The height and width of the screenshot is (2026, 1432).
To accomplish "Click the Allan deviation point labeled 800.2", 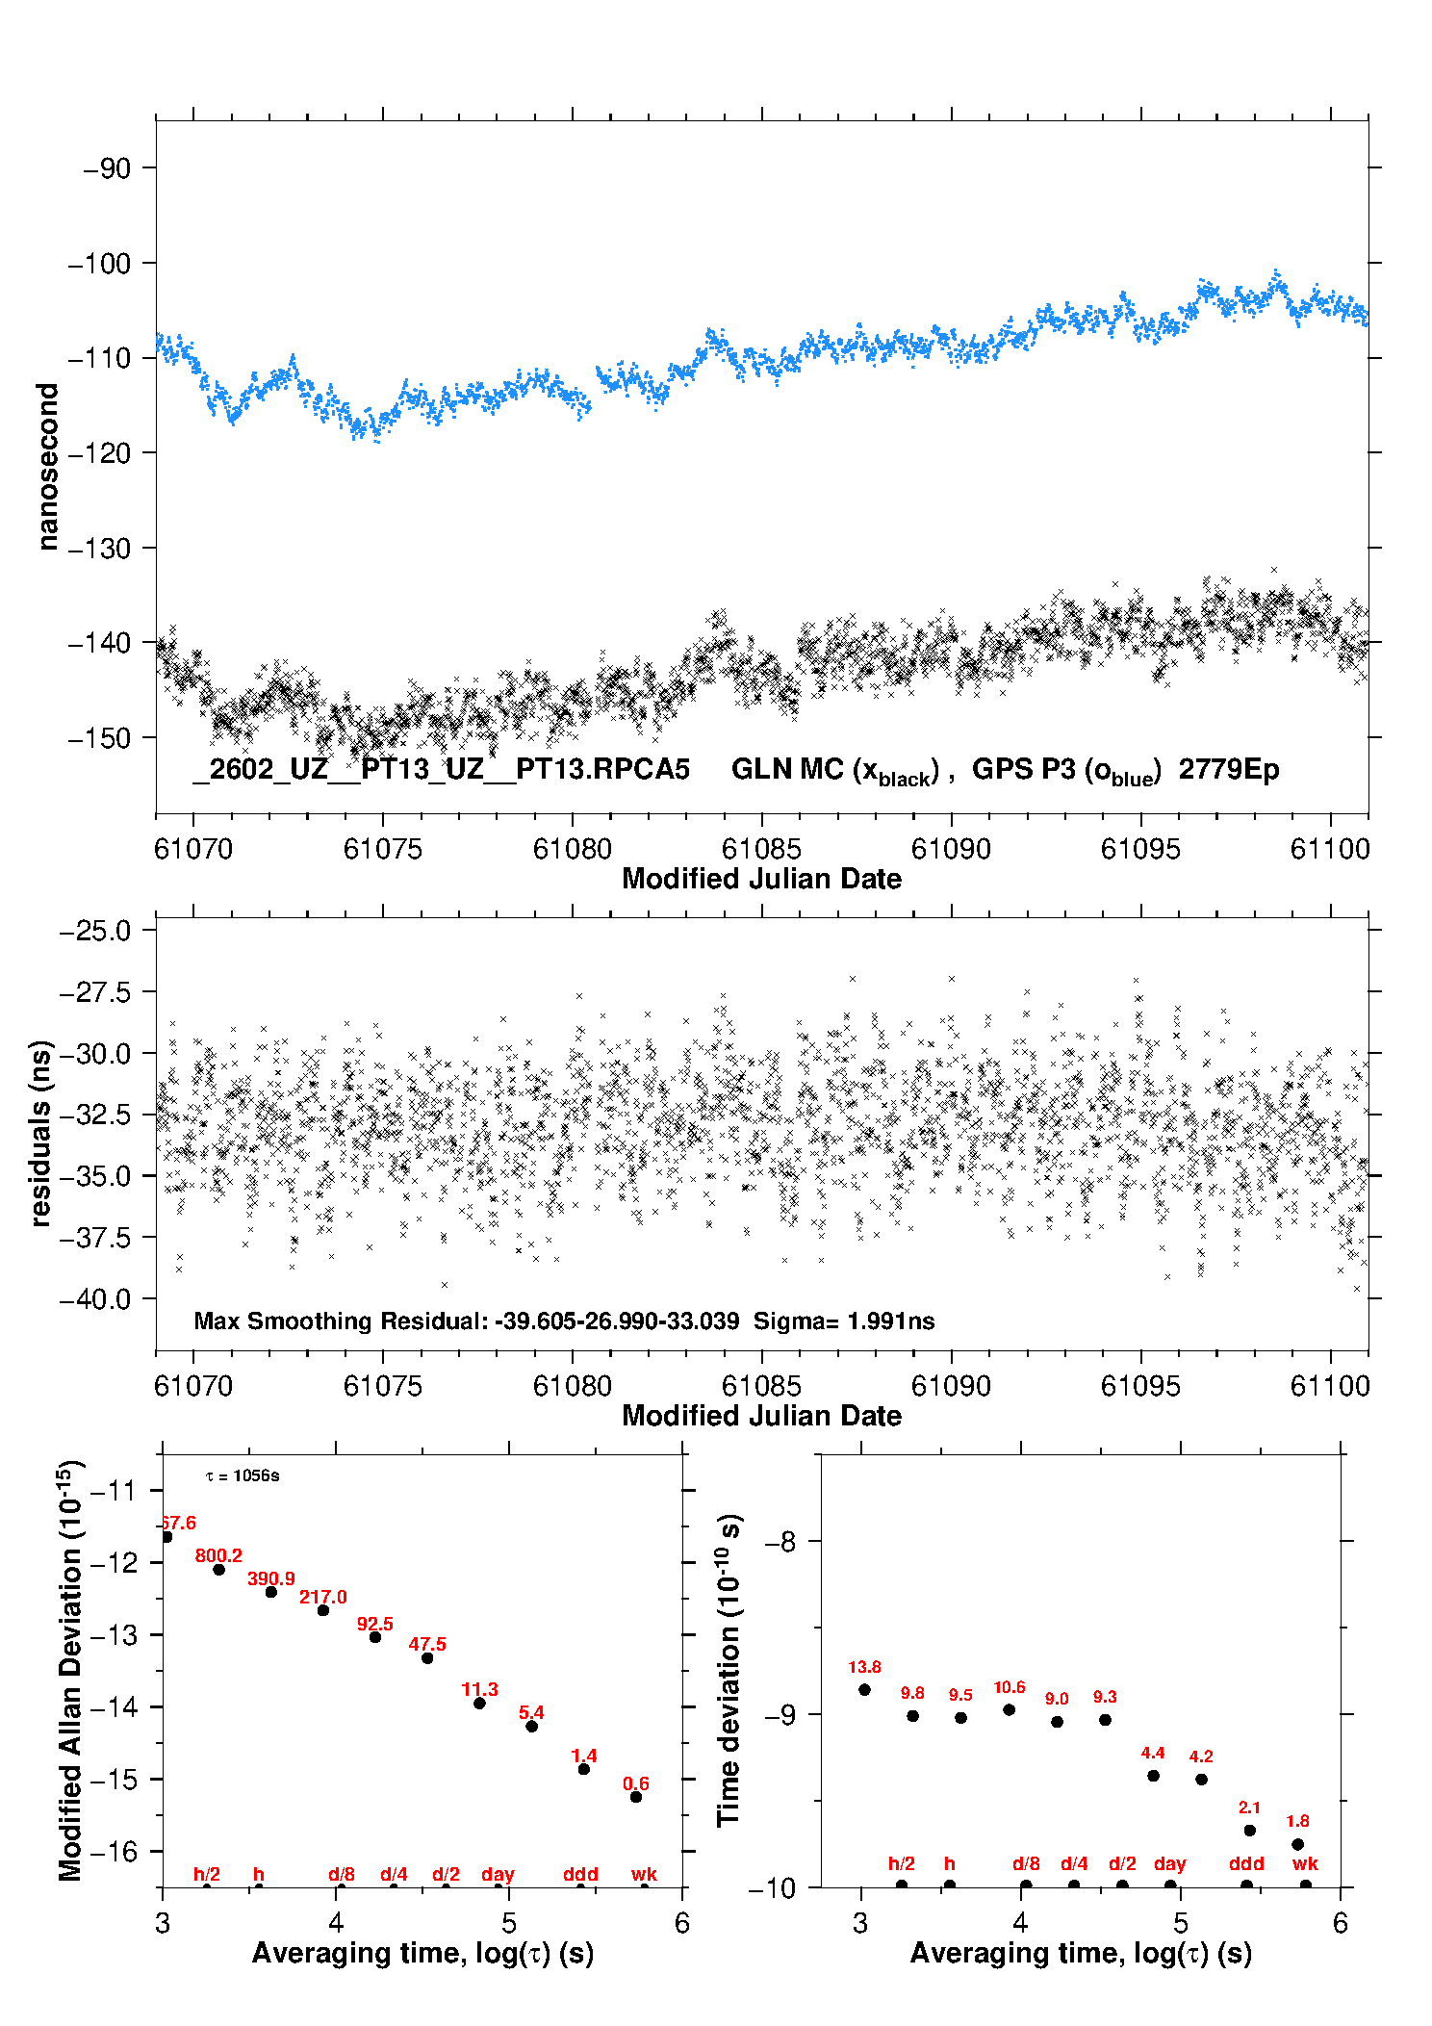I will (x=219, y=1570).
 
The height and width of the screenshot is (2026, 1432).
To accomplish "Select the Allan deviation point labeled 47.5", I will (x=427, y=1658).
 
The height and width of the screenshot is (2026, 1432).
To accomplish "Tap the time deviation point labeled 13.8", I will (x=864, y=1690).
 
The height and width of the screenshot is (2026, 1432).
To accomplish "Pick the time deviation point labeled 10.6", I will (x=1009, y=1710).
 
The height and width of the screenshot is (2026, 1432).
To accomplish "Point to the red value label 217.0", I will (x=323, y=1598).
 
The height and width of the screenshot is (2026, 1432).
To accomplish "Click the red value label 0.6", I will (x=636, y=1784).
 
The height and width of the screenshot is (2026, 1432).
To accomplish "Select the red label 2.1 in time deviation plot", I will (x=1249, y=1808).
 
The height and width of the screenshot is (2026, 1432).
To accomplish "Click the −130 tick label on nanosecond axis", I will (x=98, y=549).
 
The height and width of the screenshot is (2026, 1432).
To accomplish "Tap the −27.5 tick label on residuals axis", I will (x=94, y=992).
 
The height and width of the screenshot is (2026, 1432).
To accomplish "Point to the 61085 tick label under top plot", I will (x=761, y=849).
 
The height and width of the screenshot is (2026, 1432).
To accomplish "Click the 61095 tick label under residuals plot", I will (x=1140, y=1386).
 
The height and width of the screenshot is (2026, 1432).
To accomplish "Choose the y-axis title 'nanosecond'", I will (x=47, y=467).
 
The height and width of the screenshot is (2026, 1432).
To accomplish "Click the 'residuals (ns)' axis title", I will (x=40, y=1134).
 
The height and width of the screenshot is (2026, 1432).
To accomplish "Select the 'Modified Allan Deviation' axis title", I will (x=69, y=1671).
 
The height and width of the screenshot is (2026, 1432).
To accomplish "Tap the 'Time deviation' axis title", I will (x=729, y=1670).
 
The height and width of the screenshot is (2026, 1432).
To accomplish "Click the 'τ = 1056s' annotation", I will (x=243, y=1476).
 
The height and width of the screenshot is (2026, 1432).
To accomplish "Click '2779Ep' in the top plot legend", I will (x=1229, y=770).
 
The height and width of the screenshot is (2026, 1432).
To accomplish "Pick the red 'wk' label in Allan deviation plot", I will (x=644, y=1875).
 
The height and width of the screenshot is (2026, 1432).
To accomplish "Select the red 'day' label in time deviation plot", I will (x=1170, y=1864).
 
